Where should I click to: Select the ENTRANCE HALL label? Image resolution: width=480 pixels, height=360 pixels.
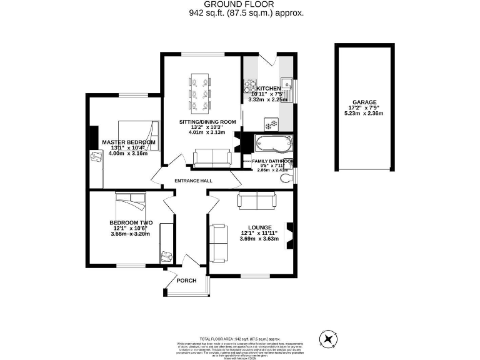point(193,181)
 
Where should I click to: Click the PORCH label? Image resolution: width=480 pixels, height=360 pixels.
point(186,281)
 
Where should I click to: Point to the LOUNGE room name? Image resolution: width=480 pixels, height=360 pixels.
point(258,227)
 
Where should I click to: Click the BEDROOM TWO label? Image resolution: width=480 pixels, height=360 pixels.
point(131,222)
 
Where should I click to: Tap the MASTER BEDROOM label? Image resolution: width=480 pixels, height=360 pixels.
point(128,142)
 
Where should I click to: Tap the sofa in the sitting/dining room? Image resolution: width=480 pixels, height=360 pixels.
point(211,158)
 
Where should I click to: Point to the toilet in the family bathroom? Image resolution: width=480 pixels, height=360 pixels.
point(287,179)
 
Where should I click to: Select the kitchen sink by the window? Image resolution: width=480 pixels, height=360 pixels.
point(287,83)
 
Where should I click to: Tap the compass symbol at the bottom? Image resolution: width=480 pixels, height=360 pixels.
point(329,339)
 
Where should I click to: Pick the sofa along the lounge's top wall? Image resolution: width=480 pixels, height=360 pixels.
point(256,201)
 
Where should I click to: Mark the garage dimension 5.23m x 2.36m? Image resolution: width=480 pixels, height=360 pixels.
point(365,114)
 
